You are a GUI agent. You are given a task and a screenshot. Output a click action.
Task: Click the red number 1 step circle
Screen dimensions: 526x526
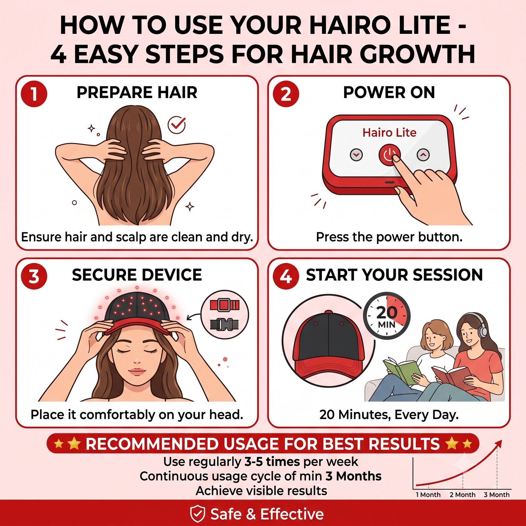34,94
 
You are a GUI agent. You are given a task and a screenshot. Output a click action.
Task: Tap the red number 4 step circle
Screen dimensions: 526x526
286,276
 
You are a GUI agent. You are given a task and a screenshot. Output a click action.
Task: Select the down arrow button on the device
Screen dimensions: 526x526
356,155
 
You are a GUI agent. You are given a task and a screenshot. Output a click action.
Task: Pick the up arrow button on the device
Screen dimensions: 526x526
423,155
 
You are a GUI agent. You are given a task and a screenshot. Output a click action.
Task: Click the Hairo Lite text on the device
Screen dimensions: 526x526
389,132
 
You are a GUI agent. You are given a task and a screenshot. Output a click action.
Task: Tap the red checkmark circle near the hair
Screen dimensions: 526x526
177,125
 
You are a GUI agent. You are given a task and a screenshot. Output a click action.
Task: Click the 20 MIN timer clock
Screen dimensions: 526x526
387,316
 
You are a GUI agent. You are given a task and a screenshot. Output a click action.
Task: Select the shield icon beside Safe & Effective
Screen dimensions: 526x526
198,514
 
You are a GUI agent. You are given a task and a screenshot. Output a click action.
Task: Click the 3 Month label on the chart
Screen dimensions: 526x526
496,495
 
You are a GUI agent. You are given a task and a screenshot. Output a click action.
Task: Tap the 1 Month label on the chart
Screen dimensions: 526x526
428,495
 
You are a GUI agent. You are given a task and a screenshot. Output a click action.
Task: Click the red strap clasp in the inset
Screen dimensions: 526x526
225,305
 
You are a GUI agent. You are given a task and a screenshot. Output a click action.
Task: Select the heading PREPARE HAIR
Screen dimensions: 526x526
137,92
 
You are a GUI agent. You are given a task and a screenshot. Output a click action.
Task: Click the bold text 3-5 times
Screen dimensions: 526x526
272,462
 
